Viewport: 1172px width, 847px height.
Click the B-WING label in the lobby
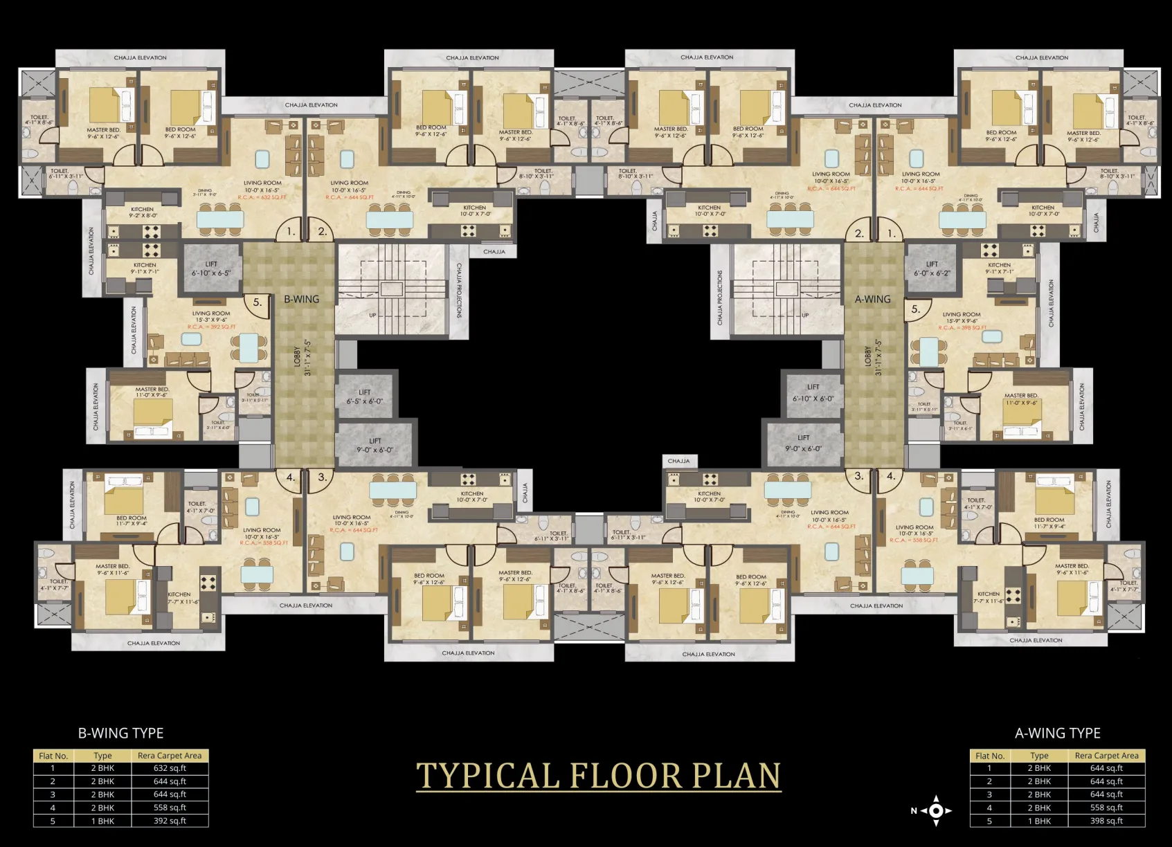(x=302, y=299)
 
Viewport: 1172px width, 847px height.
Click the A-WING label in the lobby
(x=872, y=299)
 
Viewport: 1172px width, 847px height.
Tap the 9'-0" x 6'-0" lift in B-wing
(x=375, y=445)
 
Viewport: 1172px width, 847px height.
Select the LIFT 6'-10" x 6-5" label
(x=211, y=268)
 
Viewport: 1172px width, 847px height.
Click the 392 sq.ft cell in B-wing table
(x=170, y=821)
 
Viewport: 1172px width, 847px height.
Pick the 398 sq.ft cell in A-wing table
(x=1106, y=821)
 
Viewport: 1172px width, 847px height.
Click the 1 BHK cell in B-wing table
(x=102, y=821)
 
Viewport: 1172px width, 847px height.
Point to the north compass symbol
(x=935, y=810)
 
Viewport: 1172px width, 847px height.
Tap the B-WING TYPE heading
(x=120, y=733)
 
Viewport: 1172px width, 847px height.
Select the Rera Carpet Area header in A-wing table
(x=1106, y=756)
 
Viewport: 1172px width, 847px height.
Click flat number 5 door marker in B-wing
(x=257, y=302)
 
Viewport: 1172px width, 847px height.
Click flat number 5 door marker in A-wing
(x=915, y=309)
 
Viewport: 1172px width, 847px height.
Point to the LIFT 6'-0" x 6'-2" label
(x=932, y=268)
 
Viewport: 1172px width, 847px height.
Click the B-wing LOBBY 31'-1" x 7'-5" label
(x=303, y=357)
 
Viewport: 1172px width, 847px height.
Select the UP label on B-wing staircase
(x=372, y=315)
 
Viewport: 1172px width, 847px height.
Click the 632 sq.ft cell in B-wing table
(x=170, y=768)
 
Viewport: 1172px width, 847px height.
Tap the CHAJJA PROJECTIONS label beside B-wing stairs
(x=459, y=291)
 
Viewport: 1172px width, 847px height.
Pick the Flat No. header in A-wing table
(x=989, y=756)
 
